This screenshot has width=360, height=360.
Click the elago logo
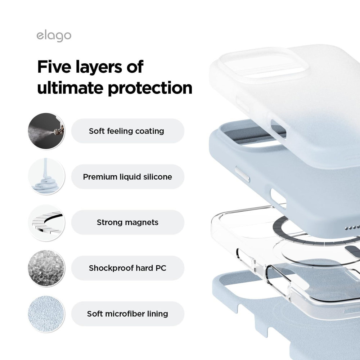pos(54,36)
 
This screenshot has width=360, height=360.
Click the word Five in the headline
pos(54,67)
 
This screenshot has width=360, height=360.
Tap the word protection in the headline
pos(150,89)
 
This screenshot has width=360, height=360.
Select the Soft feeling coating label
pos(126,131)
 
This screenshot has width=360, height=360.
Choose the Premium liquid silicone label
pos(127,177)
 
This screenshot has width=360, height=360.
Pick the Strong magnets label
pos(127,222)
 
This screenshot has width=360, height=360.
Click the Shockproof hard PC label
pos(127,268)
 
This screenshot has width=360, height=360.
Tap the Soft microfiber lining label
pos(127,314)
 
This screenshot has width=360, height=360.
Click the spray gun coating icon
pos(46,131)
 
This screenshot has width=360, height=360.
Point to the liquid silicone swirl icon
pos(46,176)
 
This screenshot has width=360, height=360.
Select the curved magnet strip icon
pos(46,222)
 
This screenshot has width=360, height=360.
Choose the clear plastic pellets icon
pos(46,268)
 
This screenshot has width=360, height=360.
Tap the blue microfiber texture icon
pos(46,314)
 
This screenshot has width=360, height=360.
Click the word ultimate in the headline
pos(70,88)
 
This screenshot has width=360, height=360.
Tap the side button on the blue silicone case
pos(242,174)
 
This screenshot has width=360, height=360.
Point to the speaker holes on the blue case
pos(353,228)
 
